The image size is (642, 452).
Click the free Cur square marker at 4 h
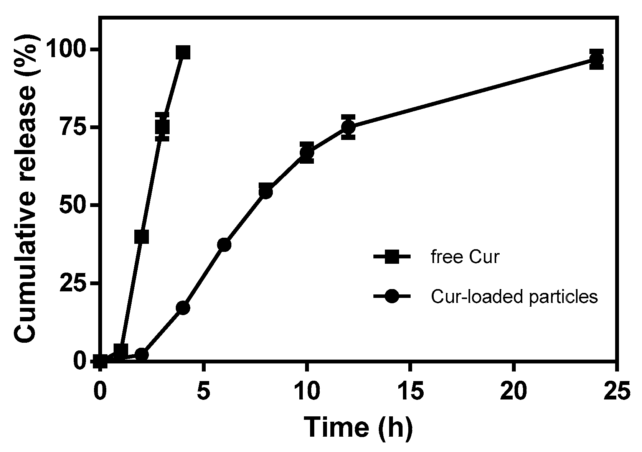pos(183,52)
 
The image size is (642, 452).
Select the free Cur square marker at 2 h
pos(142,237)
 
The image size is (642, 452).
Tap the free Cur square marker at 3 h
pos(162,127)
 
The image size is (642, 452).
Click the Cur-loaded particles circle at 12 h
pos(348,127)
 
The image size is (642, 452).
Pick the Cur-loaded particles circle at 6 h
pos(224,245)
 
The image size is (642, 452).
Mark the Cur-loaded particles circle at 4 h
pos(183,308)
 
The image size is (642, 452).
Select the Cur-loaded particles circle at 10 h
pos(307,153)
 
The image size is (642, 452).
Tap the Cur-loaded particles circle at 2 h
pos(142,355)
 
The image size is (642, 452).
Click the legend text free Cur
pos(465,257)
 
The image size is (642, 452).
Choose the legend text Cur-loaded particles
pos(514,297)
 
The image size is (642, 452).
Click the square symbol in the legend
pos(392,257)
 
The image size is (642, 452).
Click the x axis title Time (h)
pos(358,427)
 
